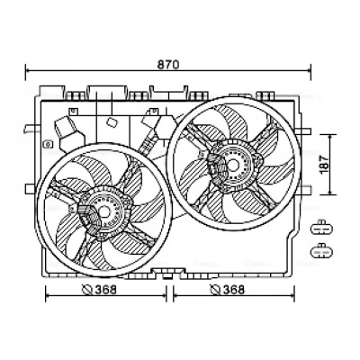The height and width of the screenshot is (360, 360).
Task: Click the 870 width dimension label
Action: click(168, 65)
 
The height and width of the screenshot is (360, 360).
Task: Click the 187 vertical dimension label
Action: click(324, 164)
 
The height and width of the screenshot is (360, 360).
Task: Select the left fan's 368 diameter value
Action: click(105, 290)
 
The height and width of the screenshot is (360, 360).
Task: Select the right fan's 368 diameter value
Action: click(234, 290)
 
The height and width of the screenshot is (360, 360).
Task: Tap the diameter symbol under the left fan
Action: click(87, 290)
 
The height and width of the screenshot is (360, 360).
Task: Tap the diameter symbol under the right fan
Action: click(215, 290)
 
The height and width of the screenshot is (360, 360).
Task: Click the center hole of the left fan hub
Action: click(104, 211)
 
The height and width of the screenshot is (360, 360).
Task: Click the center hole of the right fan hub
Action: click(233, 165)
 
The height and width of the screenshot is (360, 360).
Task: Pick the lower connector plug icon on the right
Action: click(321, 251)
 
